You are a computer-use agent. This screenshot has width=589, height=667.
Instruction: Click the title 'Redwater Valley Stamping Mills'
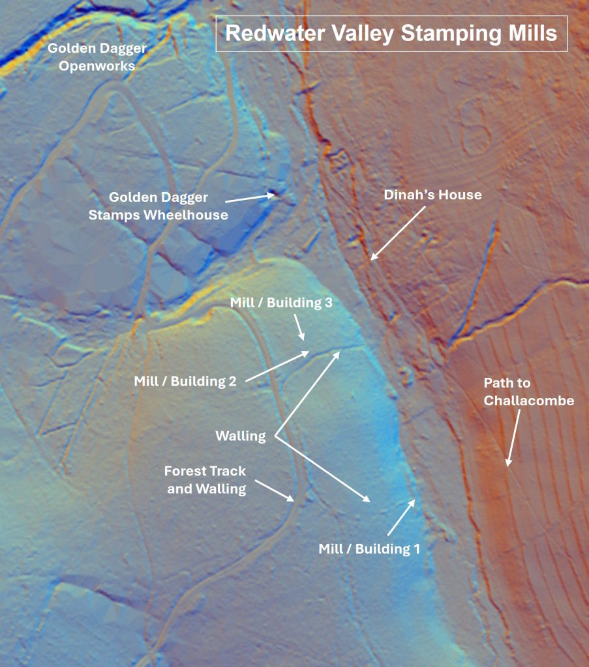(x=391, y=33)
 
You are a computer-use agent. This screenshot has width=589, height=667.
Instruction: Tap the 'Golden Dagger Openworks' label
(x=97, y=57)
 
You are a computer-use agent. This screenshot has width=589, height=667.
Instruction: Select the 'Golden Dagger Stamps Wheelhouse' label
(x=159, y=206)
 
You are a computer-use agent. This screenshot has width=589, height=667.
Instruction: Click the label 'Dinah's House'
(x=432, y=195)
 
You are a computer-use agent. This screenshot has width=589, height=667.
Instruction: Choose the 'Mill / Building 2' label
(x=185, y=382)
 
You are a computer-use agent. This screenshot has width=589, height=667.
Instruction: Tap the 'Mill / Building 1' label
(x=369, y=549)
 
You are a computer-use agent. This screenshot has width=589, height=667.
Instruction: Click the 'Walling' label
(x=241, y=436)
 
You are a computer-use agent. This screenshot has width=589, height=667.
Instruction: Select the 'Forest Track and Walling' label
(x=205, y=480)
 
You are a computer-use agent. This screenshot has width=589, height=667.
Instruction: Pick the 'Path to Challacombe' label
(x=528, y=391)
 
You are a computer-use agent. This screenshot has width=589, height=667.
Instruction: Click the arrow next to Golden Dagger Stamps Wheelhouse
(x=250, y=197)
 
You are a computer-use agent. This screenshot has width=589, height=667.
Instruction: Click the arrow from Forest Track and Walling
(x=274, y=491)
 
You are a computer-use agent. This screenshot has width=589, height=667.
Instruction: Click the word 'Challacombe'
(x=528, y=401)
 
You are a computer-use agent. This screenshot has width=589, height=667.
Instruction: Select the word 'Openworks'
(x=97, y=66)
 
